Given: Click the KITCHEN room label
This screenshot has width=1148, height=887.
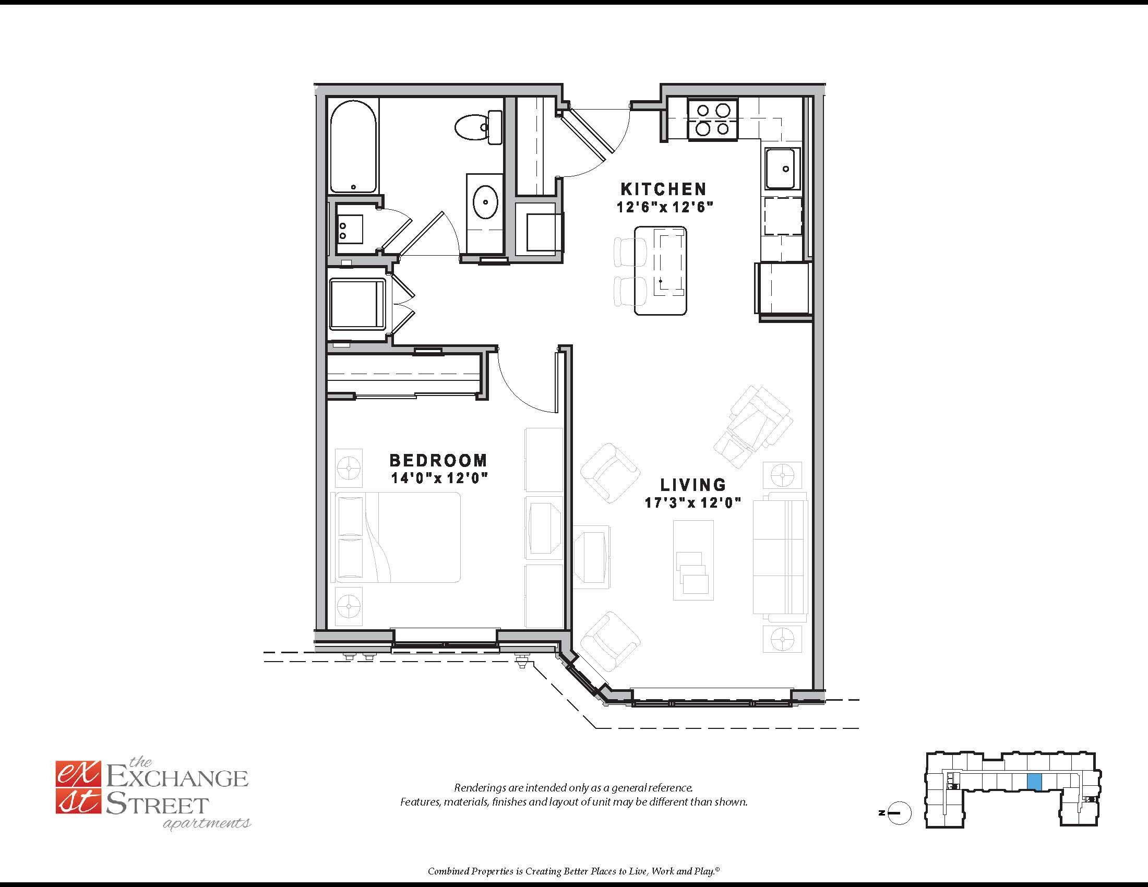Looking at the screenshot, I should (664, 189).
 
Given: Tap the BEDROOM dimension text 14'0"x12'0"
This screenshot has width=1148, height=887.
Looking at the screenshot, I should (439, 478).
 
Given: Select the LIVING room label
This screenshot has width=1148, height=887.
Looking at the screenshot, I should (693, 485).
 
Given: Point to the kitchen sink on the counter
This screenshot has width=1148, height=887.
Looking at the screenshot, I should (782, 168).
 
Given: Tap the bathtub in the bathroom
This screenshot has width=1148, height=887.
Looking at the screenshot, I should (353, 147).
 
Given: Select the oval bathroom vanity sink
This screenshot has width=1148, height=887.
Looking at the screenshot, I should (485, 202).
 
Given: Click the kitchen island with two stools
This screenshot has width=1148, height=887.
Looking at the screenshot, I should (661, 271).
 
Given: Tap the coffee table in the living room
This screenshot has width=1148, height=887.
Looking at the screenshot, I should (693, 560).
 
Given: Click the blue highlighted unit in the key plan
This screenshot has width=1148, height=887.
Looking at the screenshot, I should (1034, 782).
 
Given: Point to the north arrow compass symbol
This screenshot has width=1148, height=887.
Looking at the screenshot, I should (900, 813).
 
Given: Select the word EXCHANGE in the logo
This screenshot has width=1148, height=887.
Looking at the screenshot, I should (177, 778).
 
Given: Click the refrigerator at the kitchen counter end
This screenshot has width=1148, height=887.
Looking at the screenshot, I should (784, 288).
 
